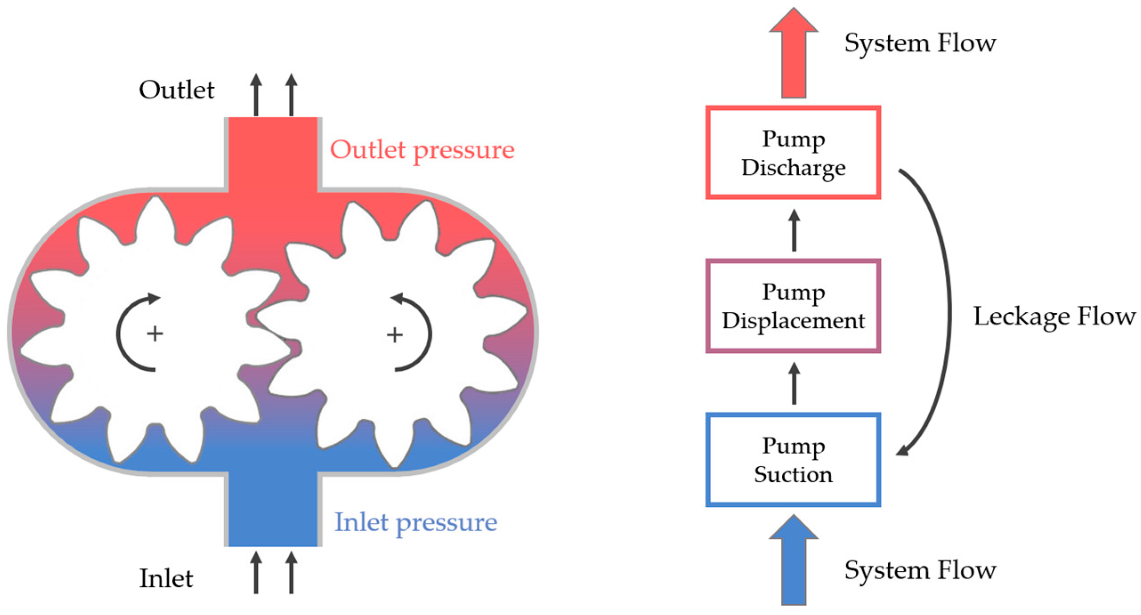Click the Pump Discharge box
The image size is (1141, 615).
[793, 152]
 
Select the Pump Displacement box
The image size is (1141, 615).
[793, 306]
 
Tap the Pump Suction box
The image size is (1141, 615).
[793, 460]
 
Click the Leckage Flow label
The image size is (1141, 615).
[1054, 316]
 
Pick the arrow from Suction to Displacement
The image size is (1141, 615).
[794, 384]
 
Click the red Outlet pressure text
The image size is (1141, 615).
[422, 150]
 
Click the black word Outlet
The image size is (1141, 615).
[177, 90]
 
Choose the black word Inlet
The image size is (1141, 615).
[166, 579]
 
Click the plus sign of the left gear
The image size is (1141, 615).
[155, 333]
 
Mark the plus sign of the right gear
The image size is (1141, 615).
[394, 335]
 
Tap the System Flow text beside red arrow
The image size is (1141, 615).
[920, 43]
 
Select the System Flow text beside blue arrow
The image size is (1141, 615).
[920, 570]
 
